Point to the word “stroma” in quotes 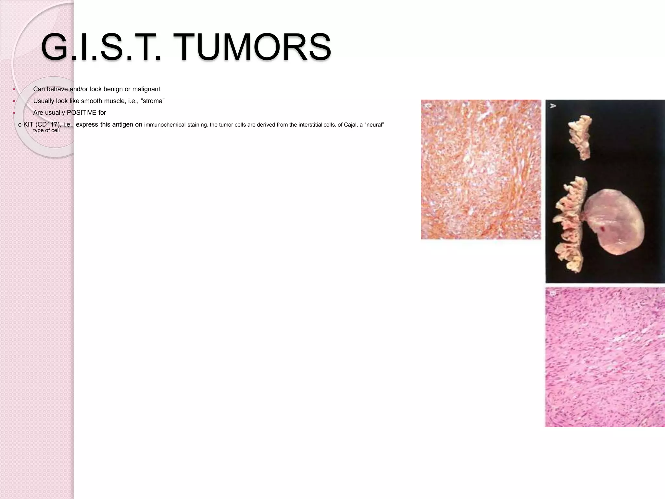point(153,101)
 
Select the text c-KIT point(26,124)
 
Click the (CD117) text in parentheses point(48,124)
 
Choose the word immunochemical point(165,125)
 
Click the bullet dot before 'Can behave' point(14,89)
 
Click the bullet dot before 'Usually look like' point(14,101)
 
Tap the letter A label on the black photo point(552,106)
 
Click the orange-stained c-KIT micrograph point(481,169)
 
